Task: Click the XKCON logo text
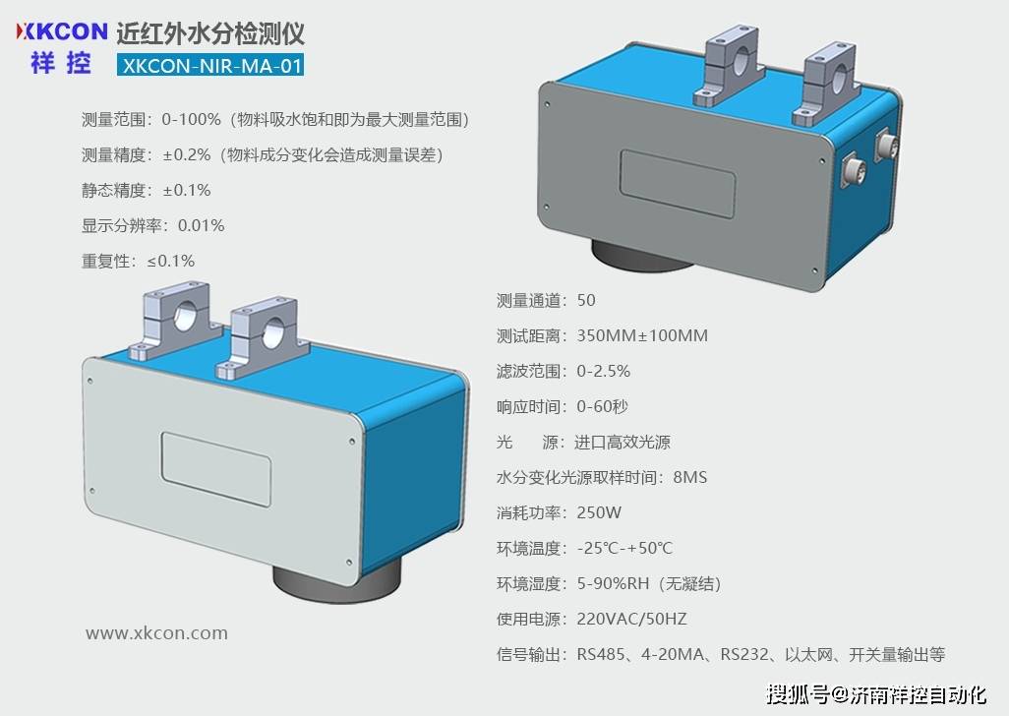pos(61,31)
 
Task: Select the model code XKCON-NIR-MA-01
pos(209,65)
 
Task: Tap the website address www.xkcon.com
pos(156,633)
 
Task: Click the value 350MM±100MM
pos(642,335)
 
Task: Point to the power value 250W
pos(600,512)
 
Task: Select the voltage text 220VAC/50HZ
pos(631,619)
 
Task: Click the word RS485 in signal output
pos(600,654)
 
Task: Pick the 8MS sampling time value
pos(689,477)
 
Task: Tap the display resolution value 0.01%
pos(202,225)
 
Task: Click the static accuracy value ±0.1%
pos(187,190)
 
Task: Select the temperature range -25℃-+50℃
pos(624,548)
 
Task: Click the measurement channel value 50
pos(586,300)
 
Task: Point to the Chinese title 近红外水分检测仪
pos(210,33)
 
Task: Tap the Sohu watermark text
pos(875,694)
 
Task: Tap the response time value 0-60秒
pos(602,406)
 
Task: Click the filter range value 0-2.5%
pos(603,371)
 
